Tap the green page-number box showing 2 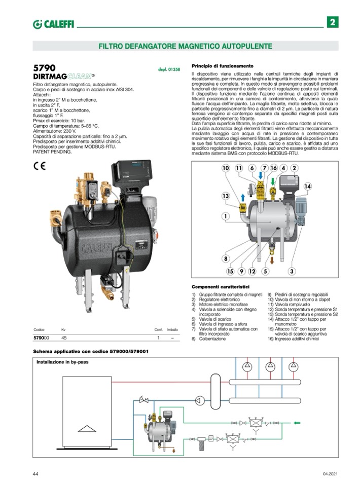click(x=332, y=22)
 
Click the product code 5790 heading click(x=44, y=68)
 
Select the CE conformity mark click(x=40, y=166)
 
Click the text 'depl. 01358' click(x=169, y=69)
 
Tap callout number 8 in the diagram click(x=225, y=258)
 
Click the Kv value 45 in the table click(x=64, y=337)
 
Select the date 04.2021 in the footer click(x=330, y=473)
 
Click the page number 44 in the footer click(x=35, y=473)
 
